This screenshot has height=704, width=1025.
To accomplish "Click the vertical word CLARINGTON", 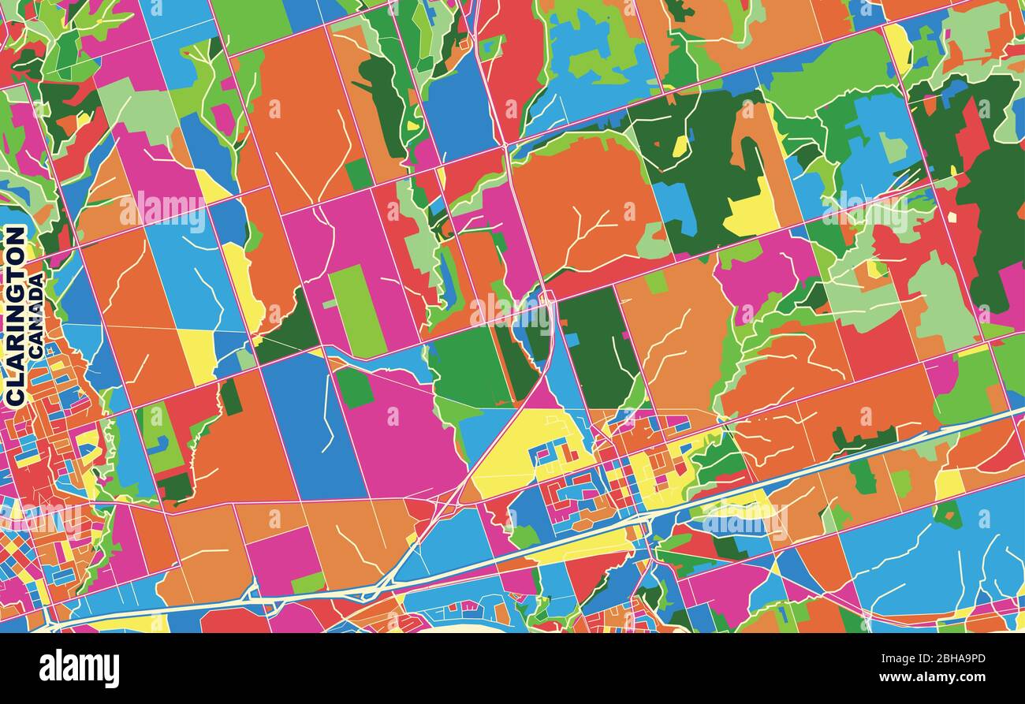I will pyautogui.click(x=15, y=315).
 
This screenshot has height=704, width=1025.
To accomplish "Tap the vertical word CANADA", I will pyautogui.click(x=35, y=315).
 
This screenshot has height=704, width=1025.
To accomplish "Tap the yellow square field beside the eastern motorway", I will pyautogui.click(x=949, y=483).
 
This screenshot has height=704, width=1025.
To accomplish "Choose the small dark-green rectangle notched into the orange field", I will pyautogui.click(x=230, y=397).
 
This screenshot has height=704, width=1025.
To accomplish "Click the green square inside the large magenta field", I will pyautogui.click(x=354, y=387).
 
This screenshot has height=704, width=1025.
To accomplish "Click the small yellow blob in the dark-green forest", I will pyautogui.click(x=680, y=146).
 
